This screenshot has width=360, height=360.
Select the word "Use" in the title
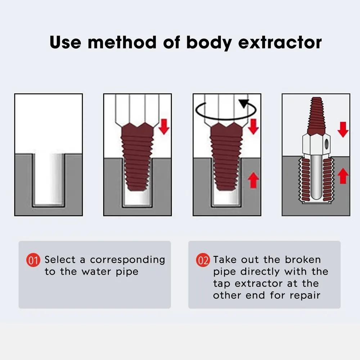coord(66,42)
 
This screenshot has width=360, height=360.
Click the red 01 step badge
coord(33,260)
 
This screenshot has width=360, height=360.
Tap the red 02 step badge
coord(203,260)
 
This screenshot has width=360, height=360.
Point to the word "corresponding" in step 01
coord(127,260)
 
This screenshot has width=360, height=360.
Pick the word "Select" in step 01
coord(60,260)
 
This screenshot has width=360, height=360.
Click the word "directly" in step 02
coord(261,271)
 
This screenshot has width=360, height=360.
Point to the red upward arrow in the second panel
coord(164,180)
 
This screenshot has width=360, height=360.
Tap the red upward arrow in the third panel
coord(253,180)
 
